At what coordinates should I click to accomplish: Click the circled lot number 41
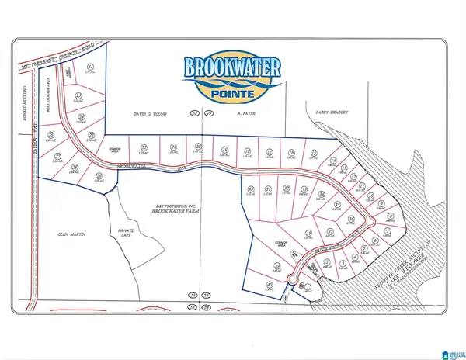[x=90, y=68]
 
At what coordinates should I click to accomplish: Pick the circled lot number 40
[x=270, y=286]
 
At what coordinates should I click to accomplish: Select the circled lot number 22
[x=142, y=147]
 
